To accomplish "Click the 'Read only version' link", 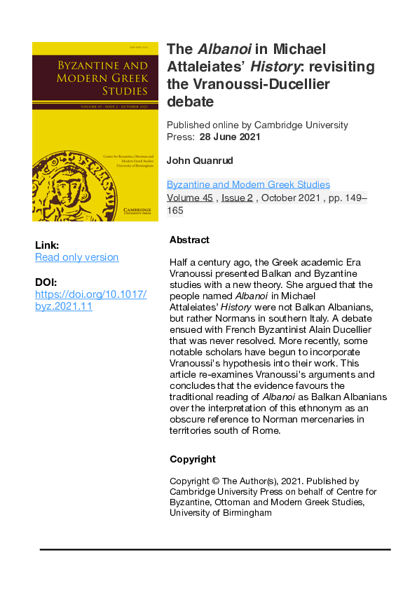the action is pyautogui.click(x=76, y=257).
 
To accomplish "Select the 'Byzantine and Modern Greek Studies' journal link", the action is pyautogui.click(x=248, y=185).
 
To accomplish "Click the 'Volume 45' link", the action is pyautogui.click(x=189, y=198).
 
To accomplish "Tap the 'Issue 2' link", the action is pyautogui.click(x=236, y=198).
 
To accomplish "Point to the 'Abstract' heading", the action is pyautogui.click(x=189, y=240).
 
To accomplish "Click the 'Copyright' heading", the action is pyautogui.click(x=193, y=460).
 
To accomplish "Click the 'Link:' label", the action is pyautogui.click(x=47, y=245).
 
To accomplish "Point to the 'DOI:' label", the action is pyautogui.click(x=46, y=282).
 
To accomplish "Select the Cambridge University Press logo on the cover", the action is pyautogui.click(x=138, y=212).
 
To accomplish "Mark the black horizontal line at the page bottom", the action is pyautogui.click(x=214, y=550).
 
